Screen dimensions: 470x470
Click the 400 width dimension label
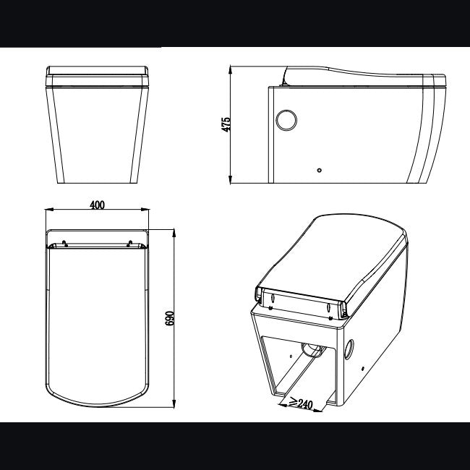tap(97, 205)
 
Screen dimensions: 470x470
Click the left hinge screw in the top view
tap(65, 243)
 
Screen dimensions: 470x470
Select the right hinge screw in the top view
tap(129, 243)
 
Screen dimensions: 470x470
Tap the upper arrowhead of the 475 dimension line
tap(231, 70)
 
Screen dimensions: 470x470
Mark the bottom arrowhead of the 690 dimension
tap(175, 403)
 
